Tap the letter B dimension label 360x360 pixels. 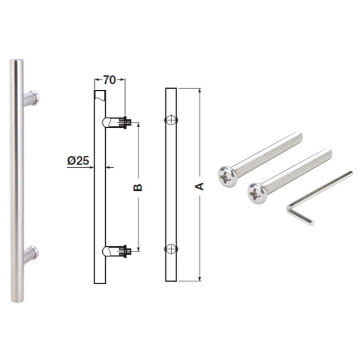coord(138,187)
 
